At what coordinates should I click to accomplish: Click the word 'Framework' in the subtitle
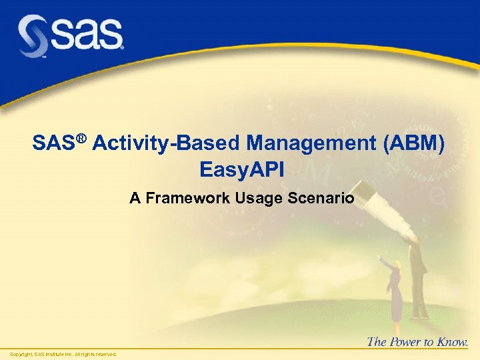click(x=177, y=198)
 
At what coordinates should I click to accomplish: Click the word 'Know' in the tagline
click(x=453, y=342)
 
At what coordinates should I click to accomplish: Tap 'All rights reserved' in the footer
click(x=95, y=354)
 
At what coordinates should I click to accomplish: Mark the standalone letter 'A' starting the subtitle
click(x=134, y=198)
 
